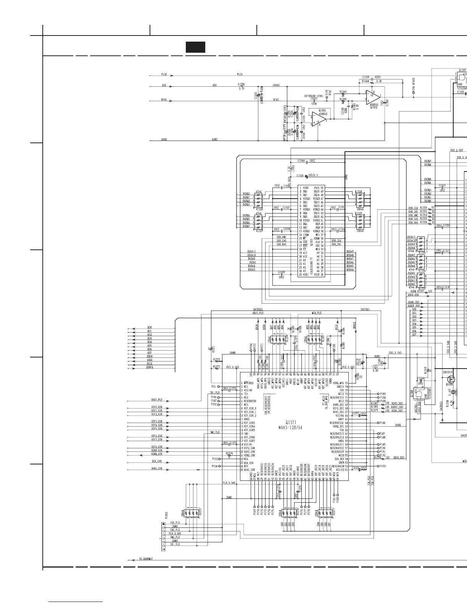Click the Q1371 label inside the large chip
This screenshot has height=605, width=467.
click(x=291, y=422)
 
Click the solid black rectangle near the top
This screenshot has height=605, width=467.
click(x=195, y=47)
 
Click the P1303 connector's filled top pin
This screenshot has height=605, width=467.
click(x=164, y=522)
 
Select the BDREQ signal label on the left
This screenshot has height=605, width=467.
click(x=150, y=367)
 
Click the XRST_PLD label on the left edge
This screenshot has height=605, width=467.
click(x=157, y=400)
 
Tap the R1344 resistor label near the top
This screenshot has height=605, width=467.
click(x=365, y=81)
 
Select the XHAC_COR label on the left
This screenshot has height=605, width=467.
click(x=157, y=468)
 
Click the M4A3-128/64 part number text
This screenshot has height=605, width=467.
click(x=291, y=427)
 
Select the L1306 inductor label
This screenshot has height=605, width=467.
click(x=241, y=84)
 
